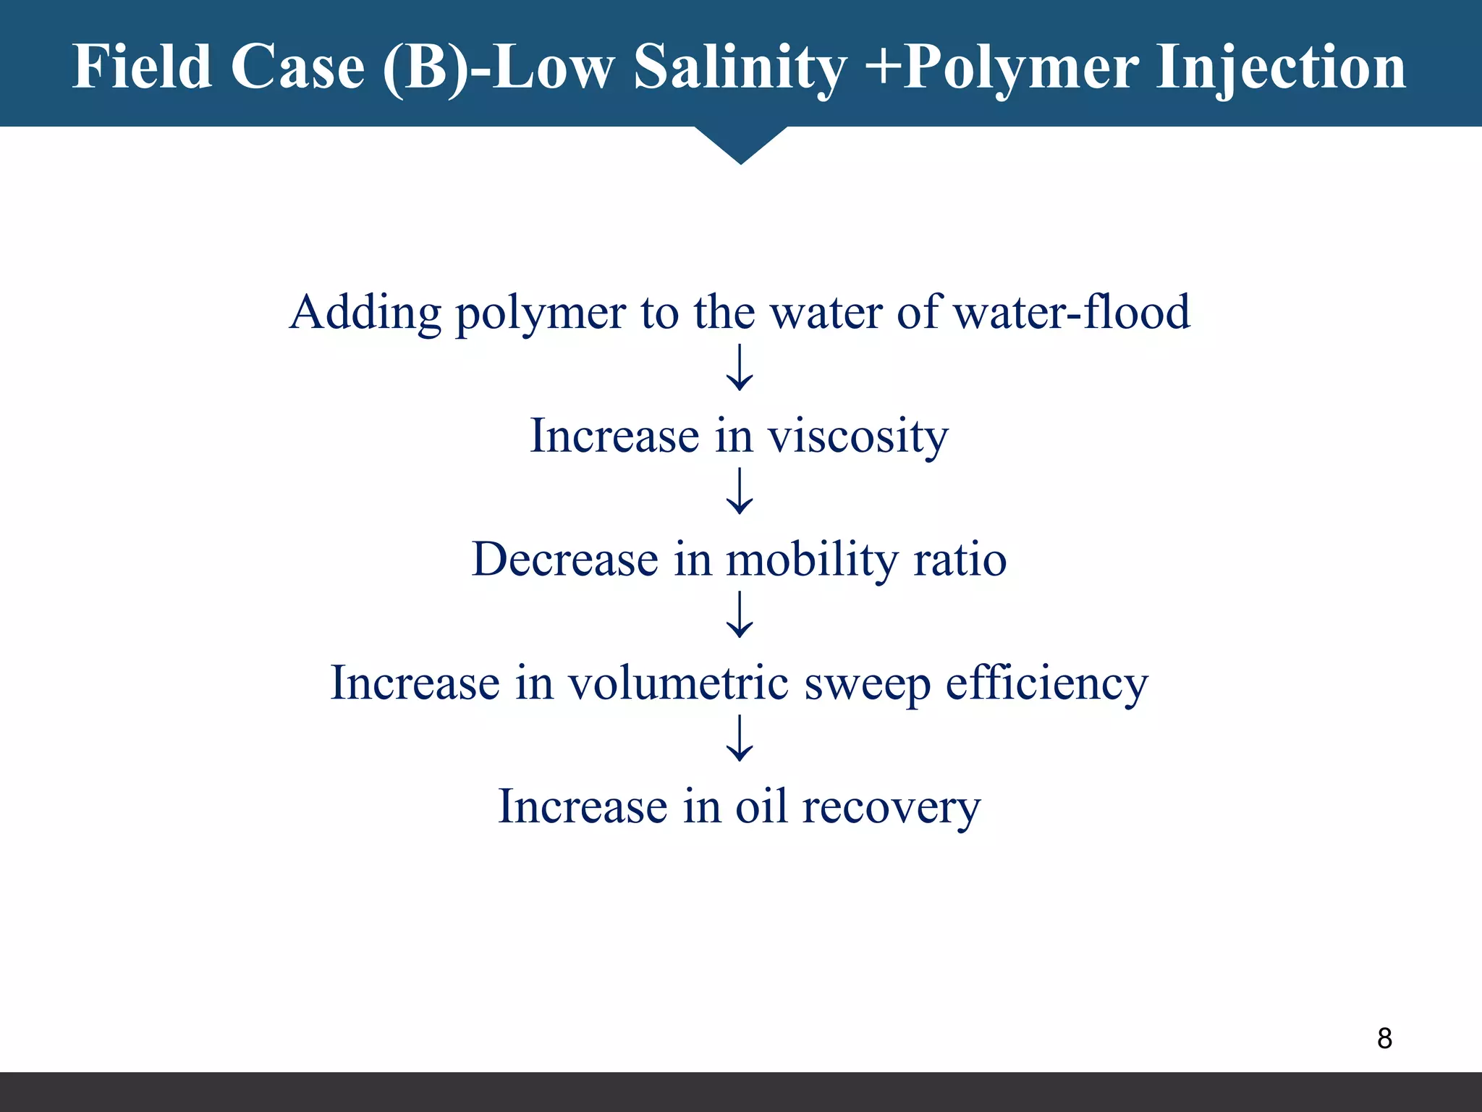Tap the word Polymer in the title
[x=1021, y=67]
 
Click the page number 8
[x=1384, y=1038]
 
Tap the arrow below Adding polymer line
[x=740, y=368]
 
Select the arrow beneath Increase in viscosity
[x=740, y=492]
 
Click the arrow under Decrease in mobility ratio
[x=740, y=615]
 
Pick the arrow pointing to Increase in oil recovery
[x=740, y=738]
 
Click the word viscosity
[x=858, y=437]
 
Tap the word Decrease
[x=565, y=560]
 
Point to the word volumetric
[x=678, y=683]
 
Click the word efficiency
[x=1046, y=683]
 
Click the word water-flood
[x=1072, y=313]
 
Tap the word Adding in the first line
[x=365, y=313]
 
